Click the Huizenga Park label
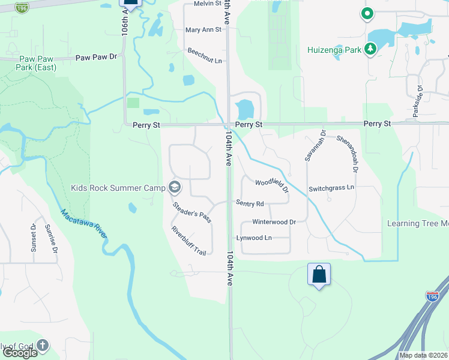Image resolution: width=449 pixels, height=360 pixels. pyautogui.click(x=335, y=50)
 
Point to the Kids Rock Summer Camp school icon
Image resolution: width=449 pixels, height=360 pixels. pyautogui.click(x=174, y=188)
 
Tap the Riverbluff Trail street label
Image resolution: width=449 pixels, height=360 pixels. pyautogui.click(x=188, y=241)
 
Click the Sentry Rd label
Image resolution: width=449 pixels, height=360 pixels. pyautogui.click(x=250, y=203)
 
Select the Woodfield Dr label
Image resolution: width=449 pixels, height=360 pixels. pyautogui.click(x=272, y=185)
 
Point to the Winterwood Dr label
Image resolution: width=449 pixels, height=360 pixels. pyautogui.click(x=274, y=221)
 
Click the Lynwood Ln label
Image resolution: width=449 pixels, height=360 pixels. pyautogui.click(x=254, y=238)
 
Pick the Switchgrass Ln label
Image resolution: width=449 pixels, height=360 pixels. pyautogui.click(x=331, y=188)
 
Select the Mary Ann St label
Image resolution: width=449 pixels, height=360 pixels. pyautogui.click(x=203, y=29)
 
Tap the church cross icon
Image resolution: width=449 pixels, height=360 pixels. pyautogui.click(x=42, y=345)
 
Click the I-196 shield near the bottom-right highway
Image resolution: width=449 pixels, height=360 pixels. pyautogui.click(x=432, y=296)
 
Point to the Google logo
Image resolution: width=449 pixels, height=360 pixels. pyautogui.click(x=19, y=352)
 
